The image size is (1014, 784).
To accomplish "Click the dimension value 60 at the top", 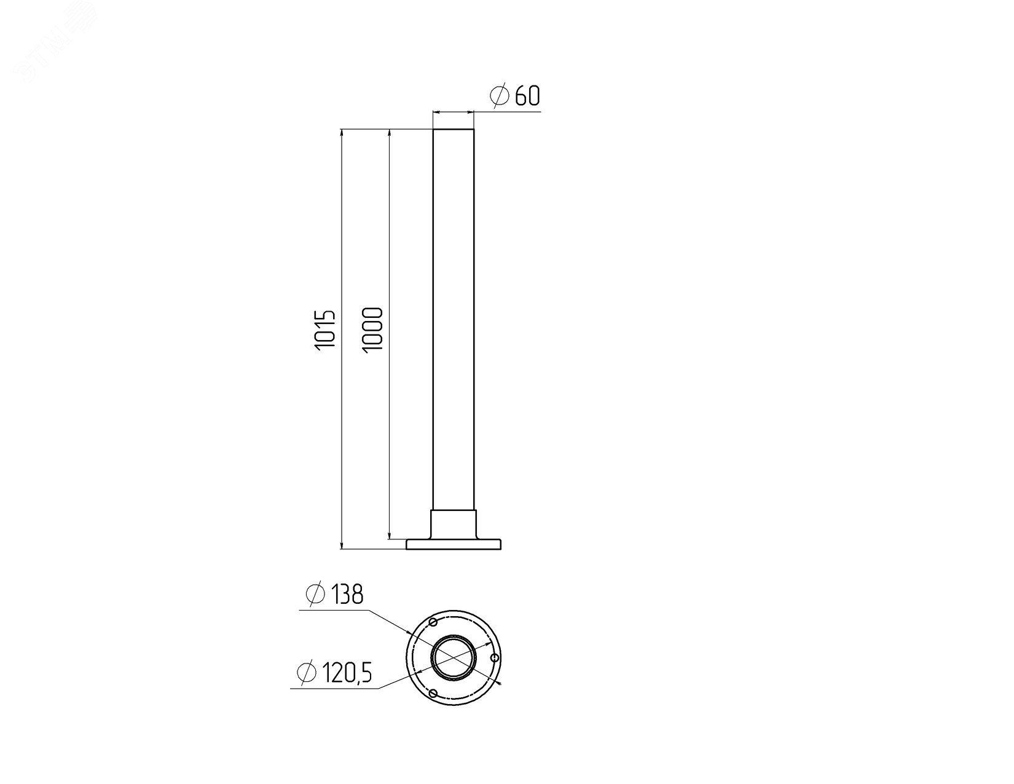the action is coord(527,96).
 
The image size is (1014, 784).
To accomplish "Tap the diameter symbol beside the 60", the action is coord(499,96).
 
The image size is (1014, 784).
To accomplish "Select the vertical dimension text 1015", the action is coord(325,330).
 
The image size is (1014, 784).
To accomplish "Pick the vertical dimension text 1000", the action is coord(372,330).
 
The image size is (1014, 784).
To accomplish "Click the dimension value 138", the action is coord(347,595).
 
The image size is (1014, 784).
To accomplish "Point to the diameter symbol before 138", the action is coord(315,594).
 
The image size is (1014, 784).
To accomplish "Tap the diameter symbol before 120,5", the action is coord(307,673).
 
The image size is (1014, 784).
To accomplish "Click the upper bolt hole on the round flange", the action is coord(433,622).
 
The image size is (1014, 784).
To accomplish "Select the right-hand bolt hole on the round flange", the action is coord(495,658).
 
